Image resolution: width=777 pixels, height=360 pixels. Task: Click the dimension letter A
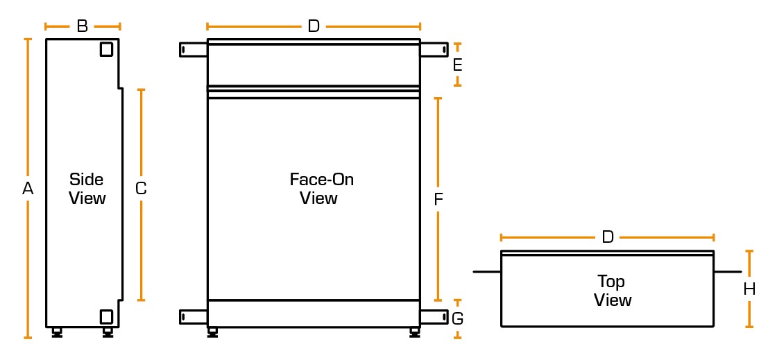tap(28, 188)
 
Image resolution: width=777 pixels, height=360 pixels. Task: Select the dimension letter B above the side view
tap(82, 26)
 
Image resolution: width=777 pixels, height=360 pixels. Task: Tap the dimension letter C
tap(141, 188)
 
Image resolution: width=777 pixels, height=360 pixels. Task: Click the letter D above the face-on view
tap(314, 26)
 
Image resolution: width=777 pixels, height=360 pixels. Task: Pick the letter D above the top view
tap(608, 237)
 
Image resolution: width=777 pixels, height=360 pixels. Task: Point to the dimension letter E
tap(457, 65)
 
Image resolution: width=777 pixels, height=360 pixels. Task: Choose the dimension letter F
tap(438, 200)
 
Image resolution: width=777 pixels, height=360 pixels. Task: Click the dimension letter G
tap(457, 319)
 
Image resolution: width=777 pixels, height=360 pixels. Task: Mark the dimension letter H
tap(749, 289)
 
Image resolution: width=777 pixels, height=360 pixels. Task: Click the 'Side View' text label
tap(87, 189)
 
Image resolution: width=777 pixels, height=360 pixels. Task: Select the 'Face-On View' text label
tap(321, 189)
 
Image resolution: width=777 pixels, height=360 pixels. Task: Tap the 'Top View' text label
tap(613, 291)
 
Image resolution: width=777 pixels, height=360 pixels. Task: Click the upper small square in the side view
tap(106, 49)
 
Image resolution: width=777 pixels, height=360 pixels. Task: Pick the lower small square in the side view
tap(106, 316)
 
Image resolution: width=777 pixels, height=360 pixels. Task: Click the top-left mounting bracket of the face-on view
tap(194, 49)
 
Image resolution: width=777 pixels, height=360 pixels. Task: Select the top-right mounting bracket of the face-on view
tap(434, 49)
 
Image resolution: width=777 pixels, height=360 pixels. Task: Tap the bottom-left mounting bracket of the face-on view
tap(194, 316)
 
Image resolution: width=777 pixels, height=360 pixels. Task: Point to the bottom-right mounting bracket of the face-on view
tap(434, 316)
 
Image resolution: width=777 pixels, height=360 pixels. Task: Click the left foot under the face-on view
tap(212, 332)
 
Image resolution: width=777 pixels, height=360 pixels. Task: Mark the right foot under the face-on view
tap(414, 332)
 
